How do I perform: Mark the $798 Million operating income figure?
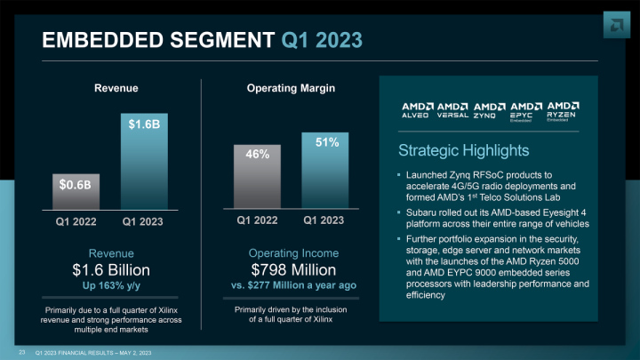point(293,269)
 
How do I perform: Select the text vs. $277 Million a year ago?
point(293,285)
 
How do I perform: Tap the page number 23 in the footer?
point(21,351)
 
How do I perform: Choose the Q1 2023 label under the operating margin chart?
point(324,219)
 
